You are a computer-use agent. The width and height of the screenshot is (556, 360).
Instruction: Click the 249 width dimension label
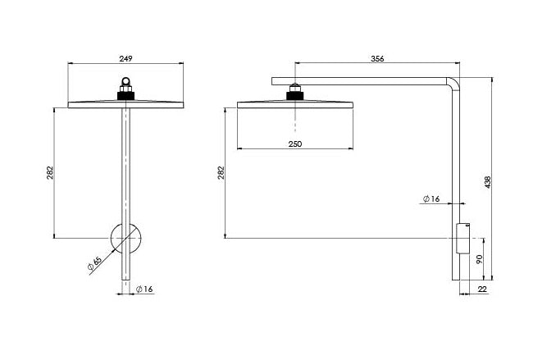(126, 58)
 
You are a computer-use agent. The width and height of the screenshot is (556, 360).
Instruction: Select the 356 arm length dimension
(376, 58)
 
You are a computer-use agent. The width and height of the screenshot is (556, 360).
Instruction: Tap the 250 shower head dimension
(295, 144)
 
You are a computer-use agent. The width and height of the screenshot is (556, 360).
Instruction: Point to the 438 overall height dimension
(488, 182)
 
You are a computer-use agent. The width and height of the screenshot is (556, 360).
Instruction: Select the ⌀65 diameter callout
(93, 263)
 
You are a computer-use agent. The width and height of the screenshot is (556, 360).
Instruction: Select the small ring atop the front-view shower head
(126, 82)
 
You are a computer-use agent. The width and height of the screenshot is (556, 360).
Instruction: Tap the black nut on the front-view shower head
(126, 93)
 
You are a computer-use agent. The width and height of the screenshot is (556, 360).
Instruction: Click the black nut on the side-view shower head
(294, 94)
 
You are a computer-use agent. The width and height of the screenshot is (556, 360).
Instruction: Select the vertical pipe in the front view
(126, 164)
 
